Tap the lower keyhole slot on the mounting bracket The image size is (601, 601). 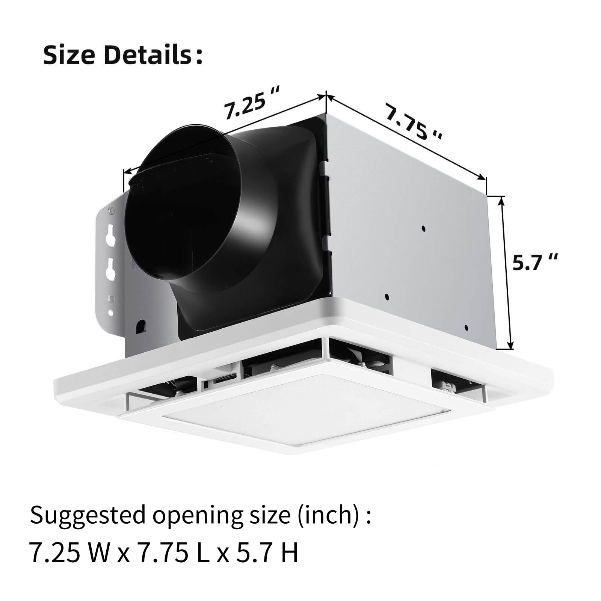pyautogui.click(x=110, y=268)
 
